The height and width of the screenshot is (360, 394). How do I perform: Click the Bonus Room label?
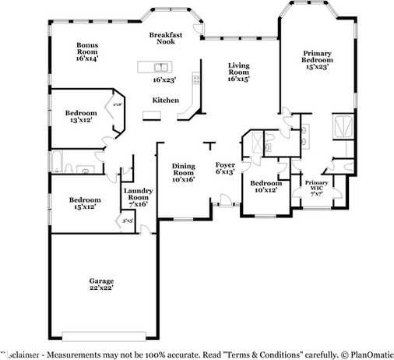click(x=86, y=52)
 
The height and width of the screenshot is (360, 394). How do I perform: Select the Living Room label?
click(x=238, y=72)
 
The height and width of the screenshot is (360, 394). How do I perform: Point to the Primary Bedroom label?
click(x=317, y=61)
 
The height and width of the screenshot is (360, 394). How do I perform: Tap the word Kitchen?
click(x=165, y=100)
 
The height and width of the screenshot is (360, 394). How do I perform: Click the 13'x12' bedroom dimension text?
click(x=81, y=120)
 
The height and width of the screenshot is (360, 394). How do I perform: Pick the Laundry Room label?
click(x=137, y=197)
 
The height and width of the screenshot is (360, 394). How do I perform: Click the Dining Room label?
click(x=184, y=171)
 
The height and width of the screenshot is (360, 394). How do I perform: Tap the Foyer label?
click(x=225, y=168)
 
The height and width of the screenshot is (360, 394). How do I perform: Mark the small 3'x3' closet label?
click(x=127, y=221)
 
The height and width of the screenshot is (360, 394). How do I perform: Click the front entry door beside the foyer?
click(x=226, y=204)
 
